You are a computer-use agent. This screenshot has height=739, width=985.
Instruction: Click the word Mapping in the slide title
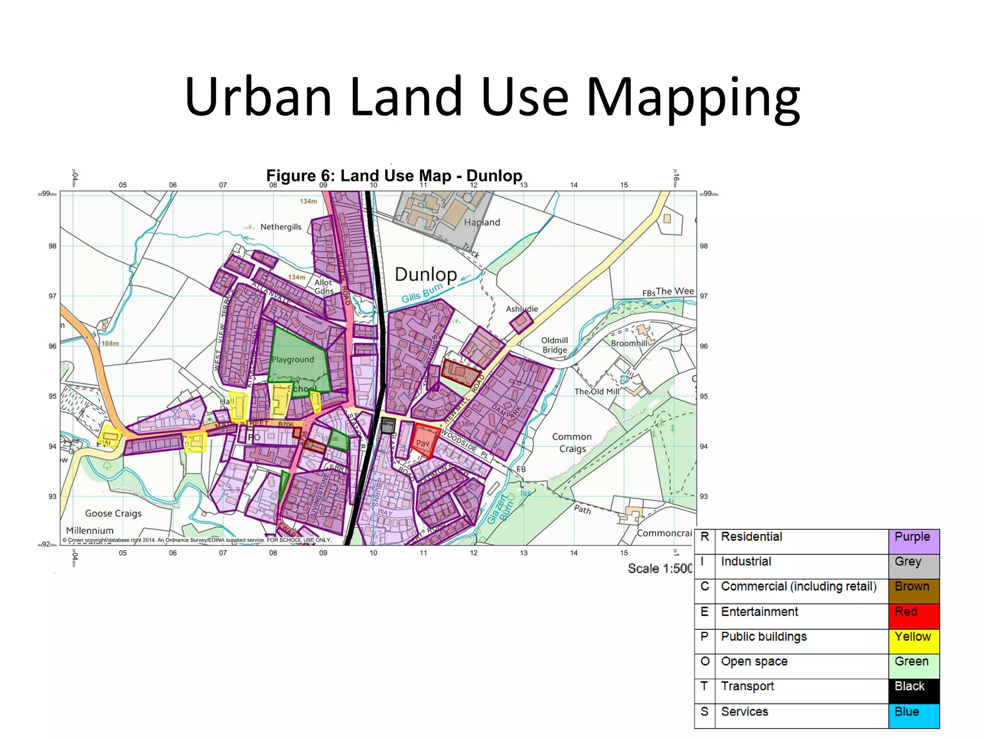[693, 99]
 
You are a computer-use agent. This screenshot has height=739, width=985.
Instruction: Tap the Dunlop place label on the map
[426, 275]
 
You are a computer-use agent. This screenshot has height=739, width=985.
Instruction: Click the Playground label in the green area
[292, 359]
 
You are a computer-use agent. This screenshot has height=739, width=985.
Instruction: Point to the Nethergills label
[280, 227]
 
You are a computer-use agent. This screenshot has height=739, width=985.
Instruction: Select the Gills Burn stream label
[422, 293]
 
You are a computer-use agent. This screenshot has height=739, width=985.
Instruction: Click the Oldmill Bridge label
[555, 345]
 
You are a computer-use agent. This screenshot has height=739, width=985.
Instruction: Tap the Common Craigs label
[572, 443]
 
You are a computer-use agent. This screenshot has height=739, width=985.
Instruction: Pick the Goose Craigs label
[113, 513]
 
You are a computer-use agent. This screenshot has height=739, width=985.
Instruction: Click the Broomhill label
[629, 343]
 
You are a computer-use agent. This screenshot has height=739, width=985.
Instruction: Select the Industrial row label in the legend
[746, 561]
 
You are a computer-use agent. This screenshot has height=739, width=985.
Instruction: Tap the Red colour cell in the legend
[913, 616]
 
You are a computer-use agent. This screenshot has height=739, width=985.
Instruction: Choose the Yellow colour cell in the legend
[913, 641]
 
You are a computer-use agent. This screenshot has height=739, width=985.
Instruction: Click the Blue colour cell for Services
[913, 716]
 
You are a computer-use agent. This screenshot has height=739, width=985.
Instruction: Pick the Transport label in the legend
[747, 686]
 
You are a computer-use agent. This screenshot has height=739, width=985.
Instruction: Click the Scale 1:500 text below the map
[659, 569]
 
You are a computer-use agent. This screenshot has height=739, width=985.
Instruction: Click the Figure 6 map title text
[394, 176]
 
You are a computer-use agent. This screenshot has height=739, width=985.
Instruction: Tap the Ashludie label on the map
[522, 309]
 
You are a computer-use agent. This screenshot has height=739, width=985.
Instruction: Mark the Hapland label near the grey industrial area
[482, 222]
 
